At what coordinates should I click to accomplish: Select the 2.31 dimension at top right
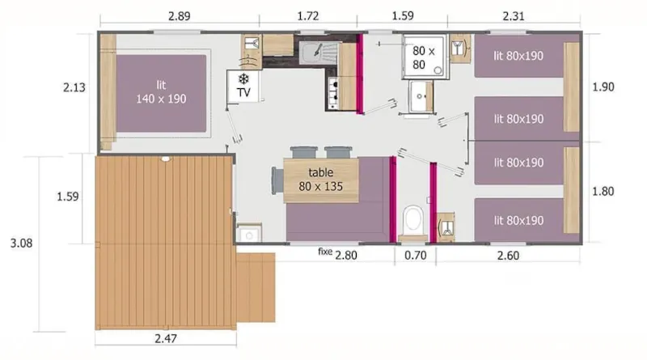pyautogui.click(x=512, y=16)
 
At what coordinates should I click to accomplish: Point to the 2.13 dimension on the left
pyautogui.click(x=74, y=87)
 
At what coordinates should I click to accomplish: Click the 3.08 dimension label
pyautogui.click(x=19, y=243)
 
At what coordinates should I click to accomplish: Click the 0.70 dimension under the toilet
pyautogui.click(x=415, y=256)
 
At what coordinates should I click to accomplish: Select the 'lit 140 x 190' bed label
pyautogui.click(x=160, y=91)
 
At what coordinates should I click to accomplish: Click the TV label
pyautogui.click(x=243, y=94)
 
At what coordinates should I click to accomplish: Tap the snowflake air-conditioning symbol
pyautogui.click(x=243, y=78)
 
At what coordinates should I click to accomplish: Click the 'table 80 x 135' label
pyautogui.click(x=320, y=179)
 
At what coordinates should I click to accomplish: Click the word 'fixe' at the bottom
pyautogui.click(x=325, y=252)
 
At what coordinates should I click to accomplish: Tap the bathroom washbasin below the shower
pyautogui.click(x=421, y=97)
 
